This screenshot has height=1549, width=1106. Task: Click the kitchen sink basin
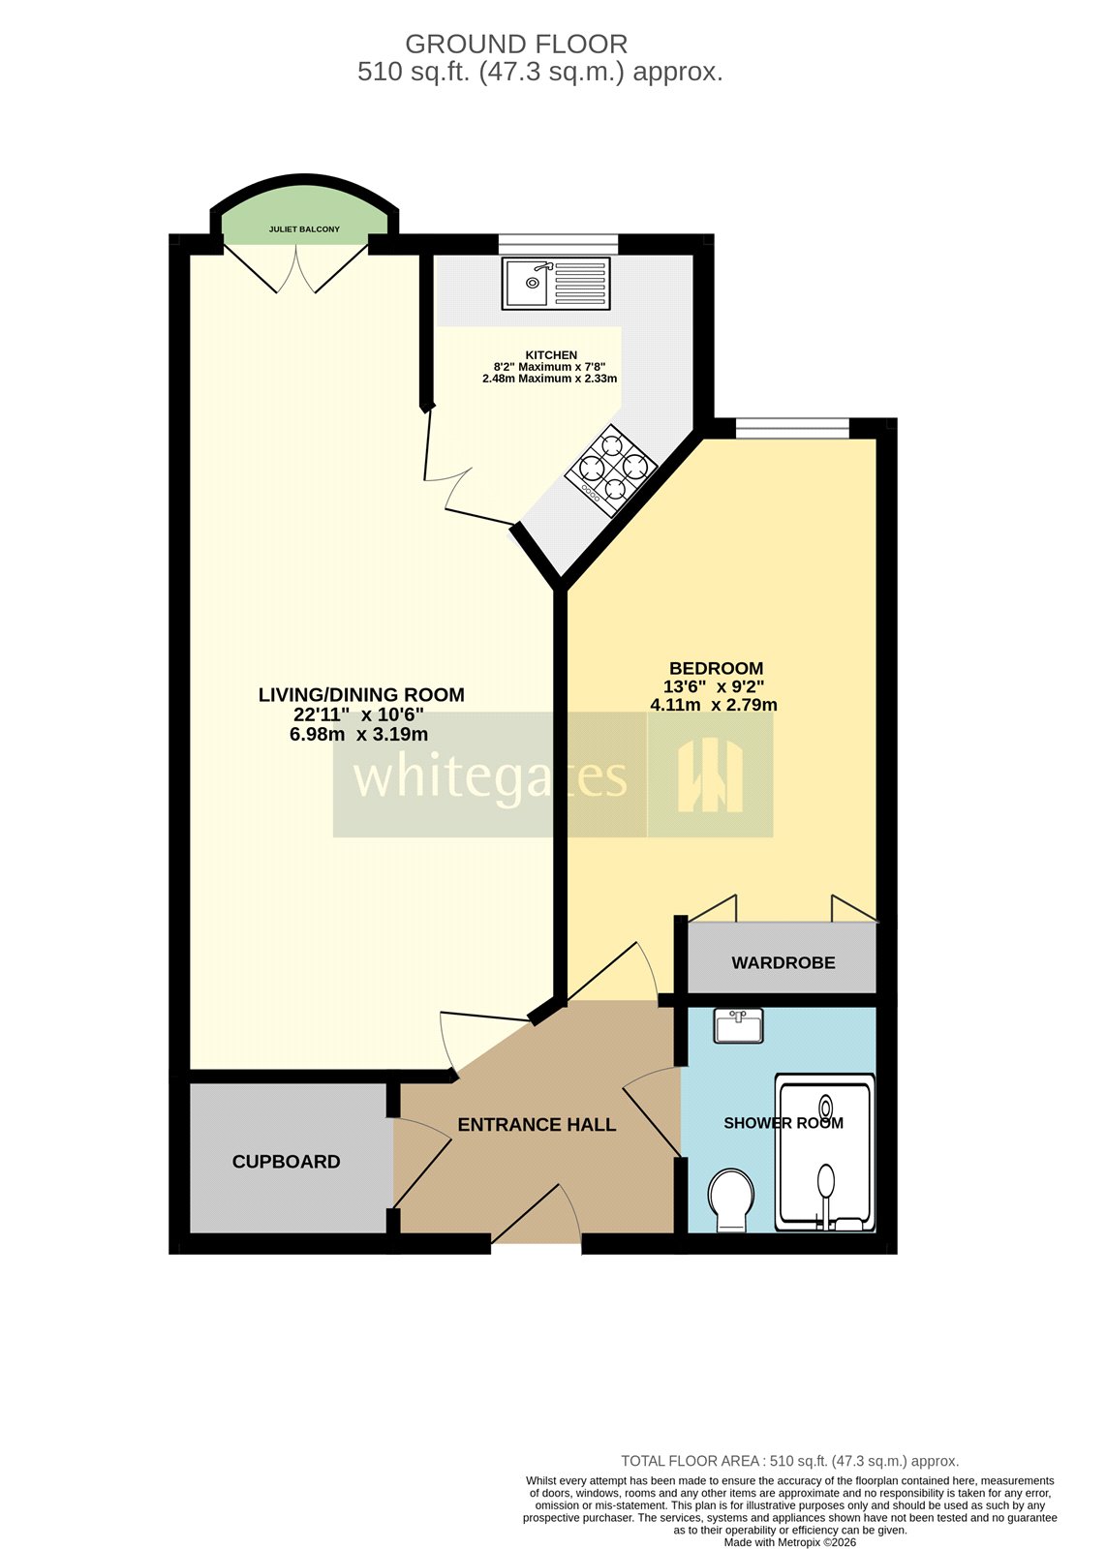pos(531,283)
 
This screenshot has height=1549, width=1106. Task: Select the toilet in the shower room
pos(731,1200)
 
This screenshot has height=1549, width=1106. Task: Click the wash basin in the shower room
pos(739,1025)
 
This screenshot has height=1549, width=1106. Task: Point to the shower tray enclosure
pos(825,1152)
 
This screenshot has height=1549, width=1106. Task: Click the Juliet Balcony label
pos(304,229)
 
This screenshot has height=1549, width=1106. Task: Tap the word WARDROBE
pos(783,962)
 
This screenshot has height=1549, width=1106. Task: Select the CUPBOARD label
pos(286,1161)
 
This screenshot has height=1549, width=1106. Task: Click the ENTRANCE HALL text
pos(537,1124)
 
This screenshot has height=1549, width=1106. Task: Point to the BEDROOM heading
pos(716,668)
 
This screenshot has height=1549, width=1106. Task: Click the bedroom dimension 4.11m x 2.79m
pos(713,705)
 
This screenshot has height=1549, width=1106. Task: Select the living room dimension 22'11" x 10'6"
pos(359,714)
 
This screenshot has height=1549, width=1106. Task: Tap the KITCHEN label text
pos(551,355)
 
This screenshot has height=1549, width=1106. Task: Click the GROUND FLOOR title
pos(515,44)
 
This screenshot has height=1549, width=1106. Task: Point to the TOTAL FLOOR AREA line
pos(789,1461)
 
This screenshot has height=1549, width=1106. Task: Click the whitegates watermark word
pos(489,775)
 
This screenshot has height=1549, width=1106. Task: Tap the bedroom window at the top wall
pos(792,427)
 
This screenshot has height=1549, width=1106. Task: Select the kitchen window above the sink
pos(559,242)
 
